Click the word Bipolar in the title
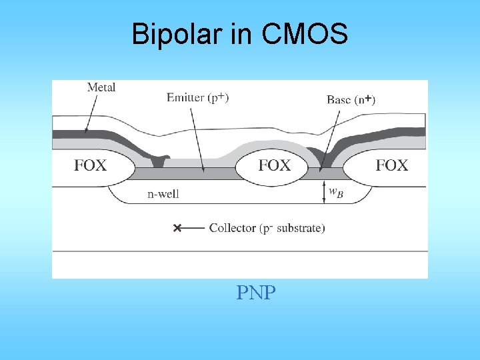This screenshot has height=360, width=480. coord(177,34)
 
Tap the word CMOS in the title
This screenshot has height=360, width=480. coord(305,34)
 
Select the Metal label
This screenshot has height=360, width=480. coord(101,87)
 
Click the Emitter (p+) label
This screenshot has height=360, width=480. coord(198,98)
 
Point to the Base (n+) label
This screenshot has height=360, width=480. coord(351,99)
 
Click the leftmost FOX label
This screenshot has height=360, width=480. coord(90,165)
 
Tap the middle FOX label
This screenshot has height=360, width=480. coord(275,165)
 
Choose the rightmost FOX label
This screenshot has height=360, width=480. coord(392,165)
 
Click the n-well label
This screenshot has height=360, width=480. coord(163,195)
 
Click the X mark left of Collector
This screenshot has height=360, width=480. coord(177,228)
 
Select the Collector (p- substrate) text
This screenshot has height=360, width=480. coord(267,228)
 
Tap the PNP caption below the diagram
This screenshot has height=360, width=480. coord(255,293)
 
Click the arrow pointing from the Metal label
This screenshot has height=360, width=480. coord(92,107)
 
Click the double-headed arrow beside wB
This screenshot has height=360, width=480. coord(323,191)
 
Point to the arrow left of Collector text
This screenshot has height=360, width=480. coord(193,228)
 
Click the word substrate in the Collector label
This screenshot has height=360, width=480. coord(297,228)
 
